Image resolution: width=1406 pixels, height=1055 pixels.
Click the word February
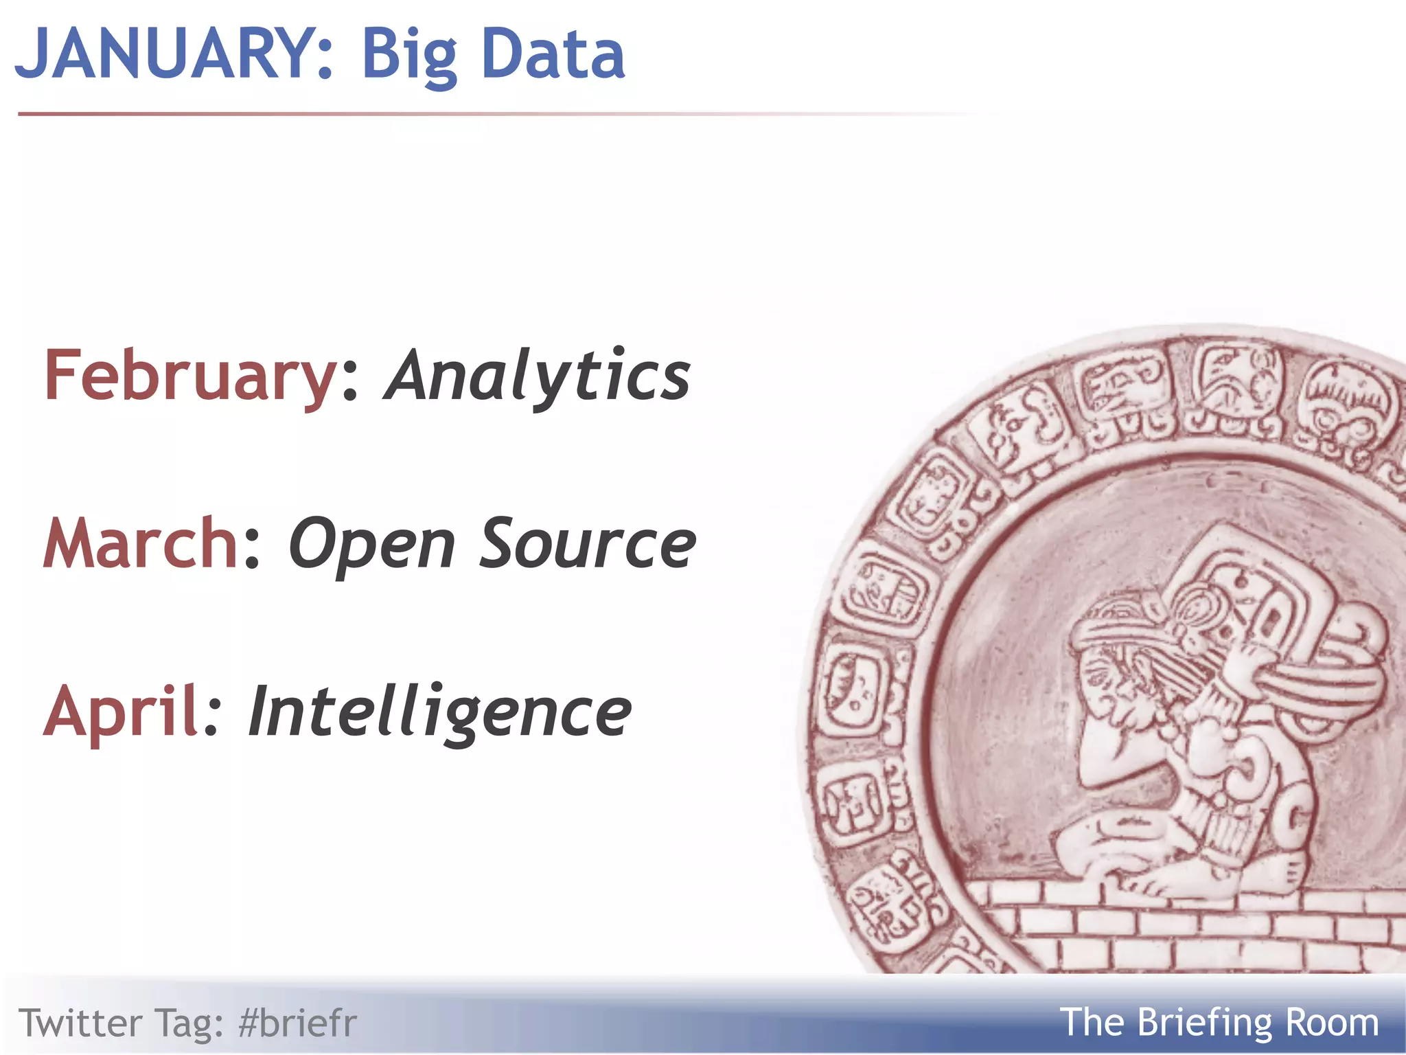coord(189,376)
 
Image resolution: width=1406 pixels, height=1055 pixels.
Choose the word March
coord(140,543)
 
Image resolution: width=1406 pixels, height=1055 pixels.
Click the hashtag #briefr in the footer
coord(297,1023)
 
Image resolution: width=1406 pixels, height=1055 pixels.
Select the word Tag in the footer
coord(189,1023)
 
